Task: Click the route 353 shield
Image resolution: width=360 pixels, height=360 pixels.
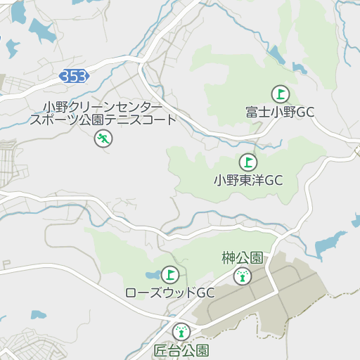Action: coord(74,76)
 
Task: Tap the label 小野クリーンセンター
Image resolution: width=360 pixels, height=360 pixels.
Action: coord(102,107)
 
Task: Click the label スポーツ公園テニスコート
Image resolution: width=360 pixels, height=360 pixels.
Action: coord(103,120)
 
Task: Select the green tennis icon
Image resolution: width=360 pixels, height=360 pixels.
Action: coord(103,139)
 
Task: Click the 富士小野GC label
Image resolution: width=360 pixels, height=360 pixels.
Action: coord(280,112)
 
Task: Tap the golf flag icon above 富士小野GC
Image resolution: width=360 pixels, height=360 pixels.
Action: coord(280,94)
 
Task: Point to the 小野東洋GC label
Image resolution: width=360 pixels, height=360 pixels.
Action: coord(248,180)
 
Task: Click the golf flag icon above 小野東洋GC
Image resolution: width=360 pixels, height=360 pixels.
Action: coord(247,162)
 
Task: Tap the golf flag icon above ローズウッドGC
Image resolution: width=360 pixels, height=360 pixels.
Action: coord(170,274)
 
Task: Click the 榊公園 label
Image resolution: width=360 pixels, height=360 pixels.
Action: coord(242,257)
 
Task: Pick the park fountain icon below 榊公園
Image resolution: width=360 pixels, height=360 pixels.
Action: coord(243,276)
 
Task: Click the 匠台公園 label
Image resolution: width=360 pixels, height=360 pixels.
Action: coord(181,349)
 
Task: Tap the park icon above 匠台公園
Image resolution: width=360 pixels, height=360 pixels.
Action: coord(181,331)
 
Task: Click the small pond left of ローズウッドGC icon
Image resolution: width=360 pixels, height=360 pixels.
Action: coord(153,274)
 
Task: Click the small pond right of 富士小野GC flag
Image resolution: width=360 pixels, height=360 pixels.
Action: coord(299,68)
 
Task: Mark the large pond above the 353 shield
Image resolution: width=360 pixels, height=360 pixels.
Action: coord(41,30)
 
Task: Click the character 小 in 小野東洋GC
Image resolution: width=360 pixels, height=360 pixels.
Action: coord(219,180)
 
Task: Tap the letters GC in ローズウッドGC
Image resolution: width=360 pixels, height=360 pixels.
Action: coord(205,292)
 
